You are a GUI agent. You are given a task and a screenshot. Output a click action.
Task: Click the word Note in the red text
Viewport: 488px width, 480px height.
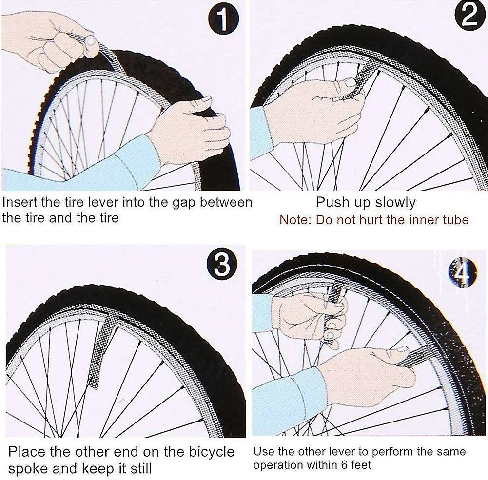click(294, 220)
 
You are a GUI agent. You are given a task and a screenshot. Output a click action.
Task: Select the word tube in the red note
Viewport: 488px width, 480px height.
click(454, 220)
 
